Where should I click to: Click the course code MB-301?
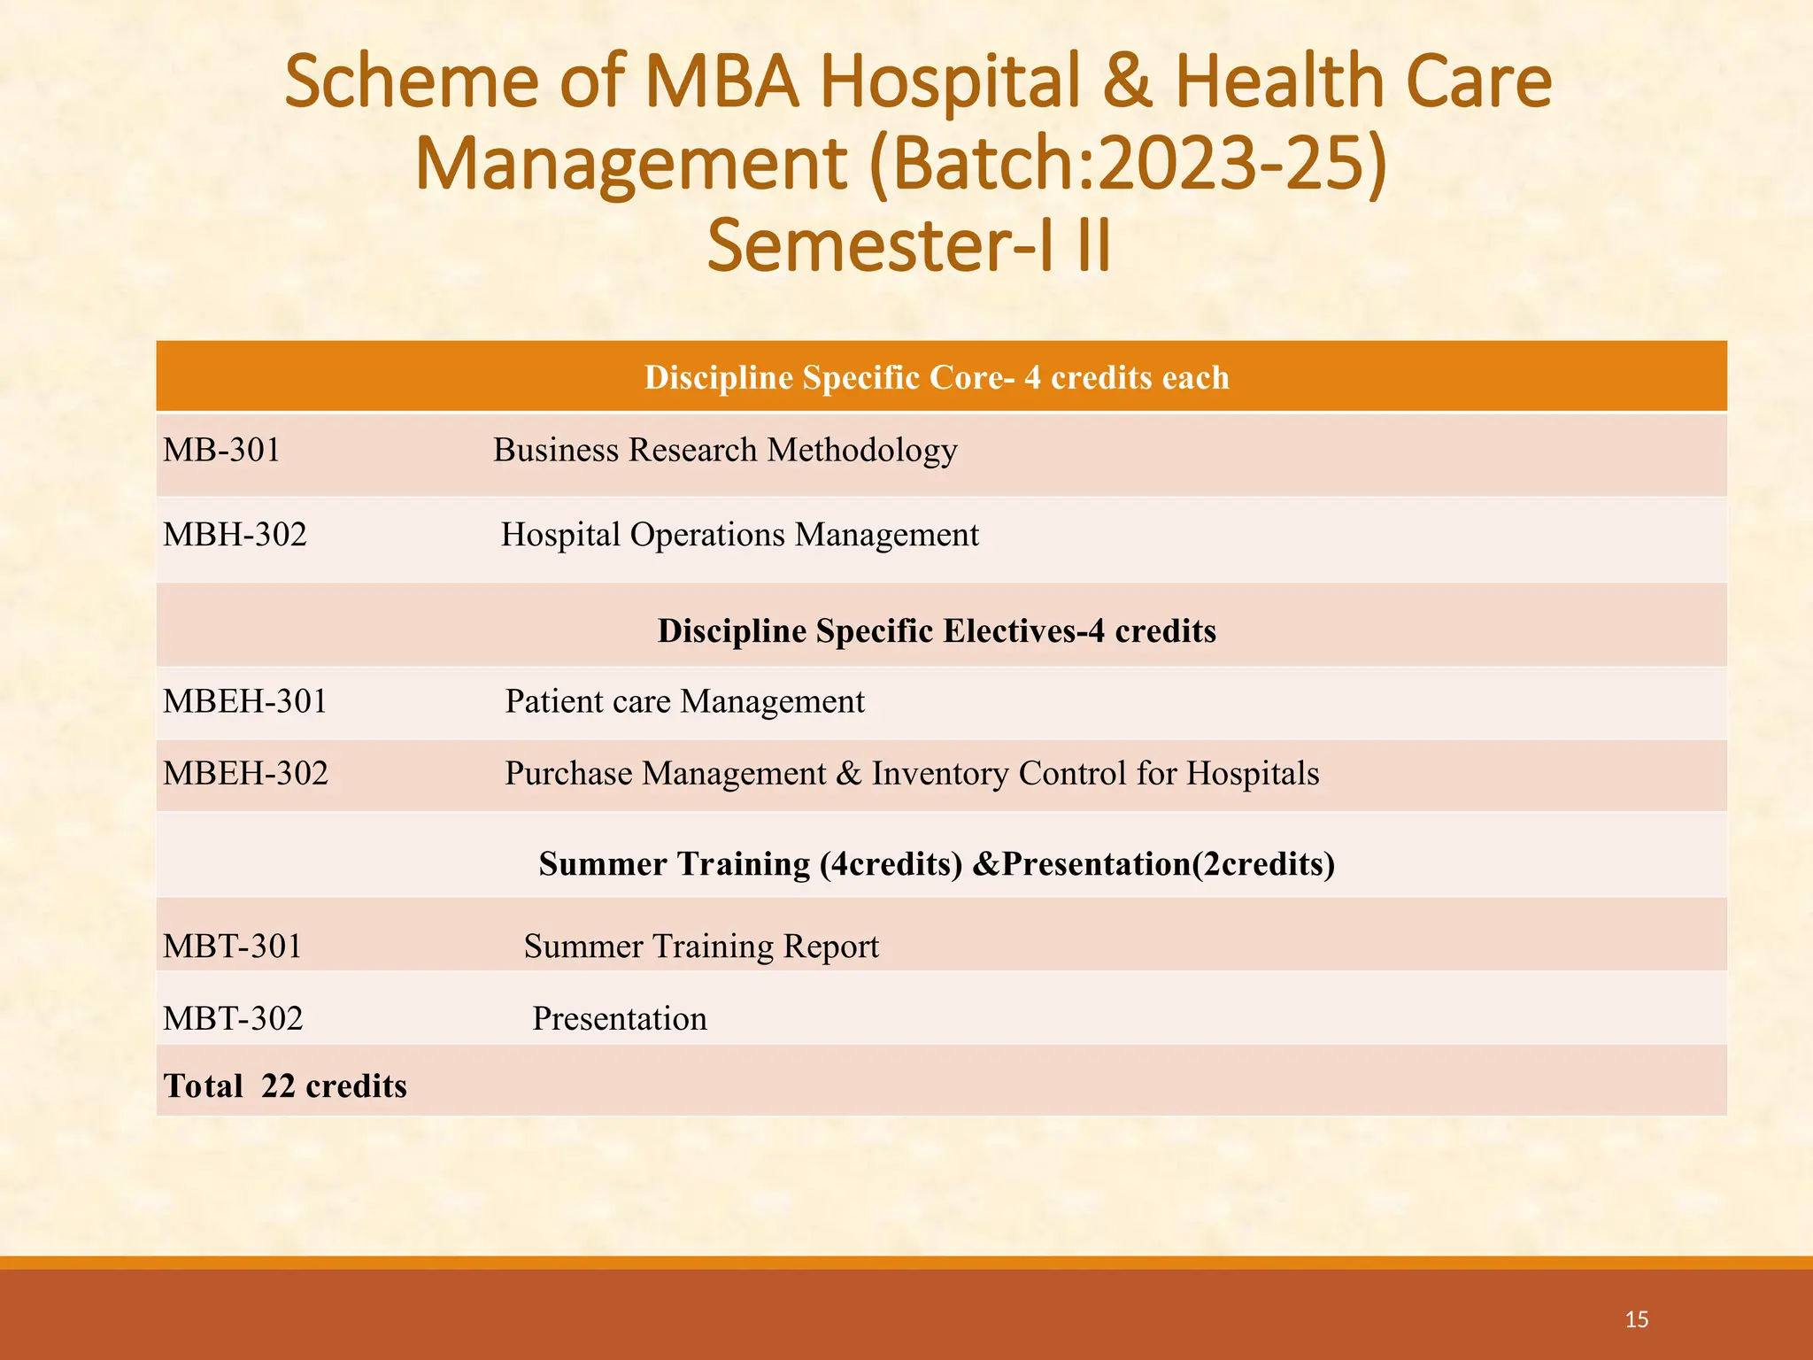coord(221,451)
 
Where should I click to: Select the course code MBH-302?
coord(235,535)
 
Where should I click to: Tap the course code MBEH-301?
coord(245,702)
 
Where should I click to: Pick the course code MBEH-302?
coord(245,774)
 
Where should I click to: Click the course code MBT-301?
coord(232,947)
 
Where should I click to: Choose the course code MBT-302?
coord(233,1019)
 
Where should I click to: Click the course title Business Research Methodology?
coord(724,451)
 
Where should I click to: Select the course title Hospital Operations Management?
coord(739,535)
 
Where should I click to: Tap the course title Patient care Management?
coord(684,702)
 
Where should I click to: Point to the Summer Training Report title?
coord(701,947)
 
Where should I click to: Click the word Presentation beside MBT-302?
coord(619,1019)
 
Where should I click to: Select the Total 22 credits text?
coord(285,1086)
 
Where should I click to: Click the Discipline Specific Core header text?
coord(936,378)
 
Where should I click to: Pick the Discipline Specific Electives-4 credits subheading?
coord(936,631)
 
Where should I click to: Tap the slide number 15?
coord(1636,1320)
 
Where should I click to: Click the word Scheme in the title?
coord(411,81)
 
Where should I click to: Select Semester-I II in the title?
coord(908,246)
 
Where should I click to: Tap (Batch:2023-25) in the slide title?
coord(1127,164)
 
